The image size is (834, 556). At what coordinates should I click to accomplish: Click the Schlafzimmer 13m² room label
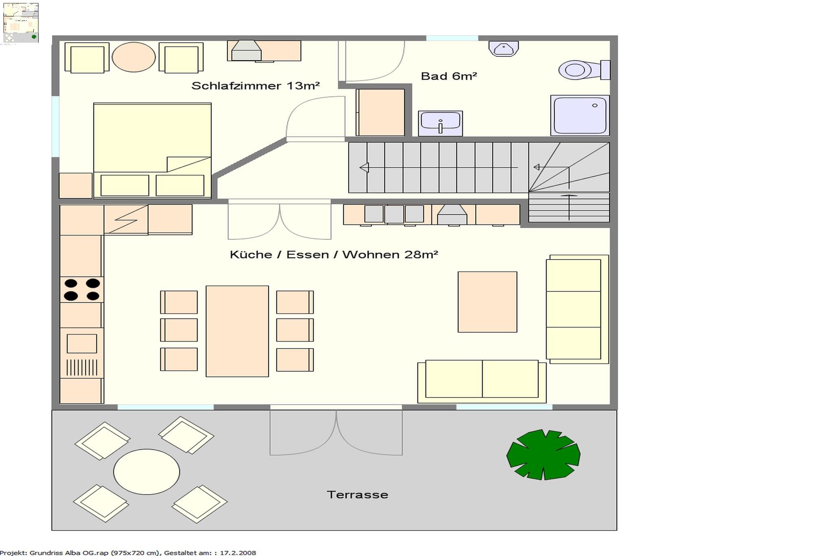(255, 86)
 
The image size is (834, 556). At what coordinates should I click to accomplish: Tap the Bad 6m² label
(449, 76)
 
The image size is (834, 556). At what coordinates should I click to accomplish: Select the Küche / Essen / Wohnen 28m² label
(334, 255)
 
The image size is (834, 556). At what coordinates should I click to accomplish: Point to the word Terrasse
(357, 494)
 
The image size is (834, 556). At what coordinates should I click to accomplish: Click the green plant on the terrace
(543, 455)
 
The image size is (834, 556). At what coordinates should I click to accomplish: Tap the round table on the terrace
(146, 472)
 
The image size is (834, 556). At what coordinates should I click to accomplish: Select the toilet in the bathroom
(584, 70)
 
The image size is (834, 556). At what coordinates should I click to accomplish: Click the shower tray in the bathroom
(580, 115)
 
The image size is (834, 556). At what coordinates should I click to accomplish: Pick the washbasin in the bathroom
(440, 123)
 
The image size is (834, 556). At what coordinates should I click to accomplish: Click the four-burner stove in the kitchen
(81, 290)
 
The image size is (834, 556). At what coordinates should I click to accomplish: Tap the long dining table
(237, 331)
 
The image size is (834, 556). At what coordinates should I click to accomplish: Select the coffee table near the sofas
(487, 302)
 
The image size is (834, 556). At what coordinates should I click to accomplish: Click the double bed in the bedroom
(152, 151)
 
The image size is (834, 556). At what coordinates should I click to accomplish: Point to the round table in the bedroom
(134, 57)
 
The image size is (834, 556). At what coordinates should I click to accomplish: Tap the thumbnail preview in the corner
(21, 23)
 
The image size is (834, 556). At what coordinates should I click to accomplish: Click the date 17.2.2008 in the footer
(238, 553)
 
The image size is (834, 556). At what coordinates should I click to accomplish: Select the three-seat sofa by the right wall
(577, 309)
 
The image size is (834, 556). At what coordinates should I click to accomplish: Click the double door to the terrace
(336, 432)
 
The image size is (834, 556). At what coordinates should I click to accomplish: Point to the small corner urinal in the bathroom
(504, 48)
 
